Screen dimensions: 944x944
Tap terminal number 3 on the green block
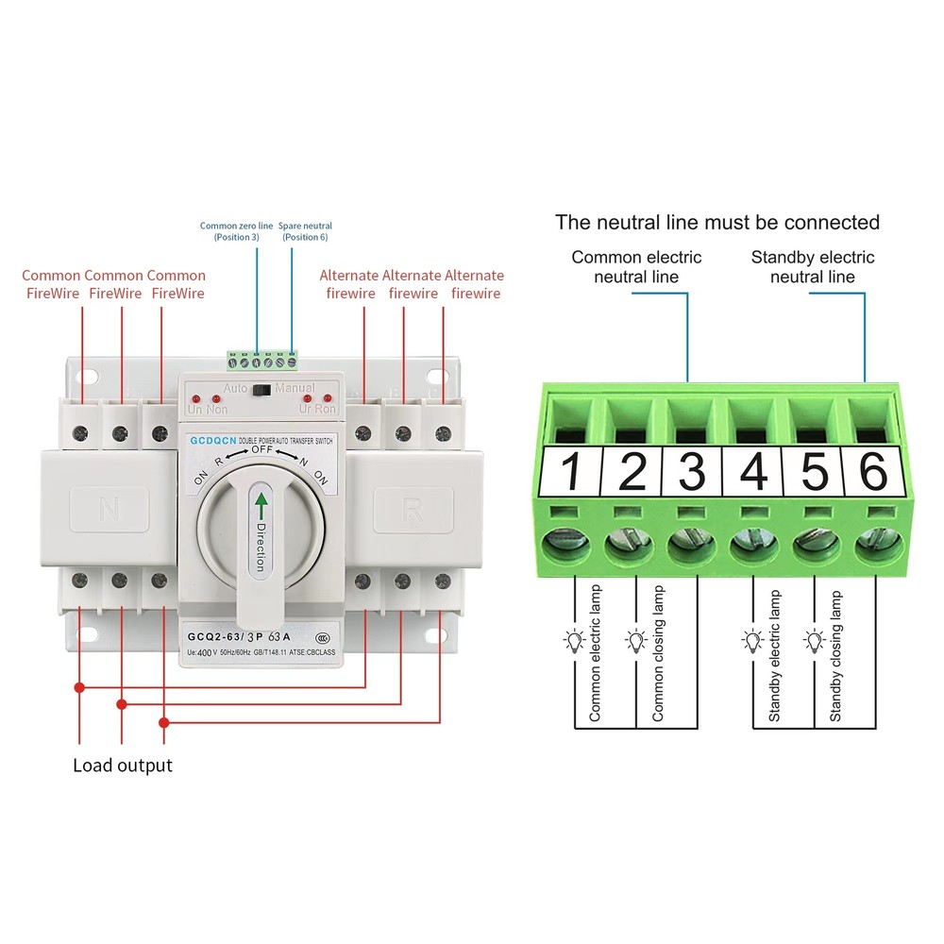692,472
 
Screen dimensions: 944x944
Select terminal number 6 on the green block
874,472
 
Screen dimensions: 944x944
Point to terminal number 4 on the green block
753,472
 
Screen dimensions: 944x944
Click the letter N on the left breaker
109,511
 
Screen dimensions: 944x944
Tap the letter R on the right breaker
413,511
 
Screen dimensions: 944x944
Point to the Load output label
123,765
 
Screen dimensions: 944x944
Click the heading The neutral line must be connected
717,223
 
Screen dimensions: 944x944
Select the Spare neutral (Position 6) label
305,231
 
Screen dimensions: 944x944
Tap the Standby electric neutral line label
812,266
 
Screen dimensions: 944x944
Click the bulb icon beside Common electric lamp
573,642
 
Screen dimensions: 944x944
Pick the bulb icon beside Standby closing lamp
814,642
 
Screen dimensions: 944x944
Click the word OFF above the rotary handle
261,449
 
